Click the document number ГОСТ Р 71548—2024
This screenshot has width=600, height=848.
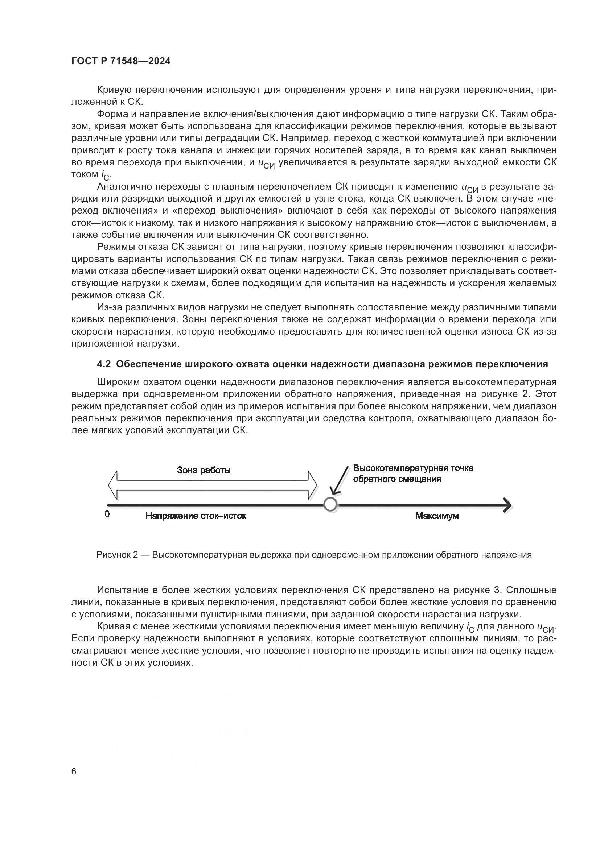(121, 61)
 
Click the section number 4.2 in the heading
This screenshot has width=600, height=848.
(103, 364)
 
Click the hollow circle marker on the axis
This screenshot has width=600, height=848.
(330, 504)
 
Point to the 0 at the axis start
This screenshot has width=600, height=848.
(107, 514)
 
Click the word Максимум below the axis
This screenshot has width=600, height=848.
(437, 516)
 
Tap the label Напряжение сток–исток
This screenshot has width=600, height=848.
(196, 516)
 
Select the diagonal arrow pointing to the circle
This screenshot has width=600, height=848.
(340, 480)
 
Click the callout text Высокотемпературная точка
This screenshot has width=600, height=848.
(413, 468)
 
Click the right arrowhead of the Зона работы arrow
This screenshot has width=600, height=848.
(313, 485)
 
